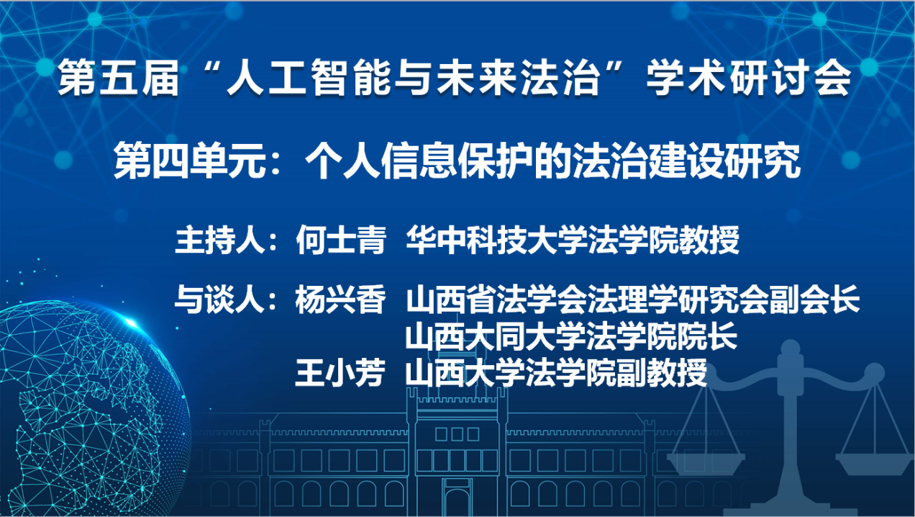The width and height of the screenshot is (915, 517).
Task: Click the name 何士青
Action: [x=341, y=240]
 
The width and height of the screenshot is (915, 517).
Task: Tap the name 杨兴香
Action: [x=341, y=300]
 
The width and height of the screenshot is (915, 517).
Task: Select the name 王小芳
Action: [x=340, y=372]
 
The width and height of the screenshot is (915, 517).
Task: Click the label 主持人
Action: [x=221, y=240]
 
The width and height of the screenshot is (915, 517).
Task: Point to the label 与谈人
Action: [x=221, y=300]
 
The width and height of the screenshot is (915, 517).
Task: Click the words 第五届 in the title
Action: [x=119, y=78]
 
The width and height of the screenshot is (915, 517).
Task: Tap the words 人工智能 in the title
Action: [x=309, y=78]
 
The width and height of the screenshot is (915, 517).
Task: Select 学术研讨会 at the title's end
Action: [x=748, y=78]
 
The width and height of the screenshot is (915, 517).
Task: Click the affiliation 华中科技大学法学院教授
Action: [x=573, y=240]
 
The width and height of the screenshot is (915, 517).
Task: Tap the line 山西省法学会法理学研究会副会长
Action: [x=633, y=300]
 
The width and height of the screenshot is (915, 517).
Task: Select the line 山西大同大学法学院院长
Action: [x=571, y=336]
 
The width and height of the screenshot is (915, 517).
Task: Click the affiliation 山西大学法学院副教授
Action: [x=556, y=372]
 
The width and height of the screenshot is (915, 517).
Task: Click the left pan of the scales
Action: [x=706, y=462]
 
